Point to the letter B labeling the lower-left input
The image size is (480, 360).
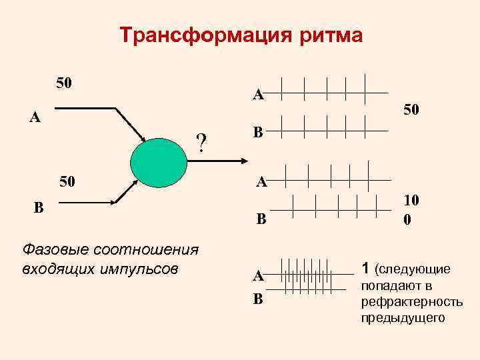[39, 207]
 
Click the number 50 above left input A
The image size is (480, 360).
[64, 83]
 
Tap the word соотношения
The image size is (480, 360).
[141, 249]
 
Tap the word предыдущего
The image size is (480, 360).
[403, 318]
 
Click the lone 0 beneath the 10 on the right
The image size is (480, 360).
[407, 218]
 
